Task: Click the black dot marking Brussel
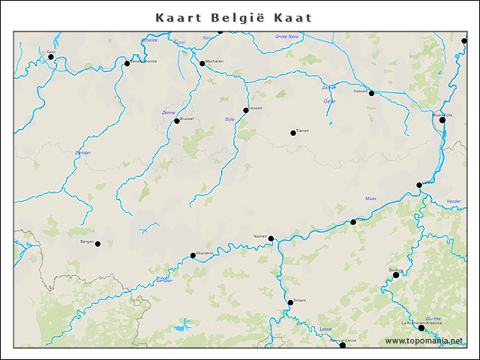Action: coord(177,121)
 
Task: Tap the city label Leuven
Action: coord(256,108)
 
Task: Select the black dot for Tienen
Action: coord(293,133)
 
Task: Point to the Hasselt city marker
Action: coord(371,93)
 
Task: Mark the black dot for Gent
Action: coord(51,56)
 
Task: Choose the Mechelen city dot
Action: coord(202,63)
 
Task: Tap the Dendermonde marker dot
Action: coord(127,63)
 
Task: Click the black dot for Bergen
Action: coord(97,243)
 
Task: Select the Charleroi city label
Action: coord(205,253)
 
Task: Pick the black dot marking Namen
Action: coord(271,238)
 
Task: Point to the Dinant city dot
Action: coord(290,303)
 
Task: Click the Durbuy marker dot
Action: coord(396,274)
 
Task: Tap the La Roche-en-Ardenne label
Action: coord(421,322)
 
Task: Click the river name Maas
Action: coord(370,199)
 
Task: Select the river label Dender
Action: coord(82,152)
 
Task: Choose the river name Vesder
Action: coord(454,201)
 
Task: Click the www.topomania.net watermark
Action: coord(424,341)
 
